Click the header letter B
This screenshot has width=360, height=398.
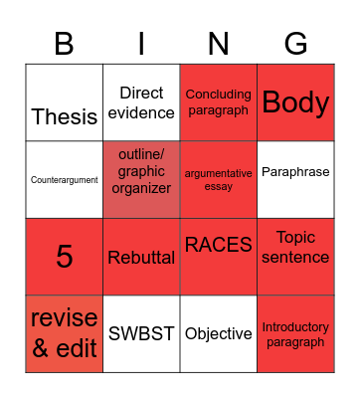coord(65,44)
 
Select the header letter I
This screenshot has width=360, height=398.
coord(141,44)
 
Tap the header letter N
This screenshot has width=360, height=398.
coord(219,44)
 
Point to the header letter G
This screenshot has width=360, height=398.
coord(295,44)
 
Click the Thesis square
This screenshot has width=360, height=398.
coord(65,115)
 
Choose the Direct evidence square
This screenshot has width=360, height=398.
coord(141,103)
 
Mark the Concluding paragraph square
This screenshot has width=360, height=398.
coord(219,102)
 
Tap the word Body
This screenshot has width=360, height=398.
coord(295,103)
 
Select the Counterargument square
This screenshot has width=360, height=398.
coord(65,180)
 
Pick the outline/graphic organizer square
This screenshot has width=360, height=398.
coord(141,180)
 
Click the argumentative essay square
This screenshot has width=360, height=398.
coord(219,180)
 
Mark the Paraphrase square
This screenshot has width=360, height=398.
coord(295,172)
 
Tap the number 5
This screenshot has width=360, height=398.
coord(65,257)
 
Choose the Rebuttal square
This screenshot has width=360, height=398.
coord(141,258)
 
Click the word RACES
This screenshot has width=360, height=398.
coord(219,245)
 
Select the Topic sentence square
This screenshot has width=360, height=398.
coord(295,247)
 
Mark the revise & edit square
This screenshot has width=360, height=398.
coord(65,333)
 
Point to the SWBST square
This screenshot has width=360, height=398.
coord(141,334)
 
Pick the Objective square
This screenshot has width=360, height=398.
coord(219,334)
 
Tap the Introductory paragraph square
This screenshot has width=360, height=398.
coord(295,334)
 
